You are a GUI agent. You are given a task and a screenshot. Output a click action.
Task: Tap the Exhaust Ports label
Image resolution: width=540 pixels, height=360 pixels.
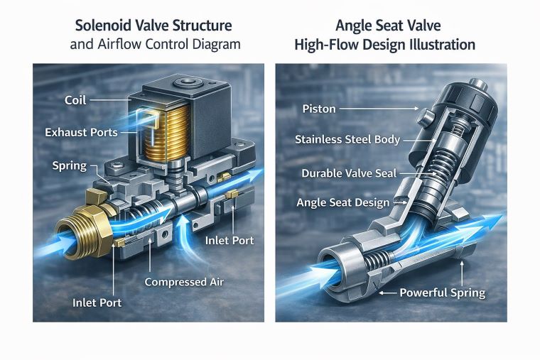[x=81, y=133]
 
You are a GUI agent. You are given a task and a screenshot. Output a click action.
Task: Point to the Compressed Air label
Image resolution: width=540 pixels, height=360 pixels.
[x=183, y=282]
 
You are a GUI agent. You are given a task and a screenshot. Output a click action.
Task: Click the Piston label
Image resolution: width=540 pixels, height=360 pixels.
[x=319, y=109]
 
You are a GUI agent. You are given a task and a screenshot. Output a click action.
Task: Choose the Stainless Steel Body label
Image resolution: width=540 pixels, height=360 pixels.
[x=347, y=140]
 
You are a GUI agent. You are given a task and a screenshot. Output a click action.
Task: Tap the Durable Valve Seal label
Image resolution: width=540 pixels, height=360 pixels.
[x=348, y=173]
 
